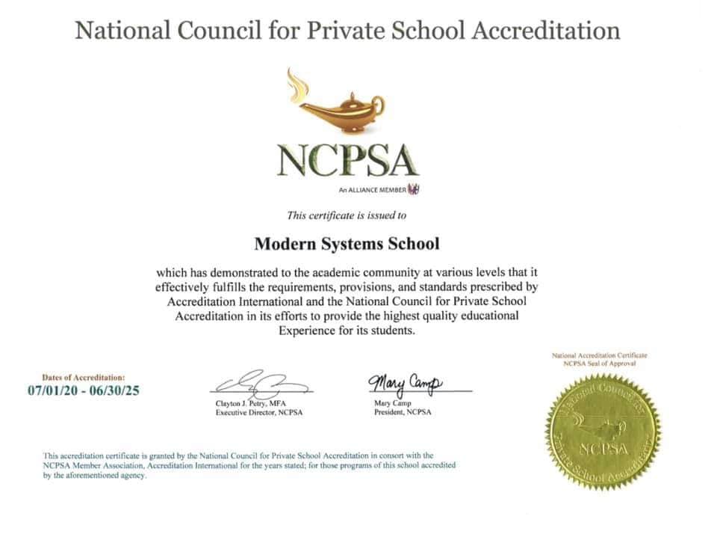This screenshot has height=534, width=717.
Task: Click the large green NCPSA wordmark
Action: [348, 159]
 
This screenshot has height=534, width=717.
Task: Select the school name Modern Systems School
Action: [347, 244]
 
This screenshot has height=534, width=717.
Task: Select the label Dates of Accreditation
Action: [84, 378]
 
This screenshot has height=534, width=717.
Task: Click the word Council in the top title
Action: [217, 31]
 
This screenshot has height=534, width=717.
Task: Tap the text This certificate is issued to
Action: [347, 215]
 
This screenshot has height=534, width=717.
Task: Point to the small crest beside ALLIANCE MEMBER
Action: [413, 189]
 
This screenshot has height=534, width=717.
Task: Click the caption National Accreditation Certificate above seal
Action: [599, 355]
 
